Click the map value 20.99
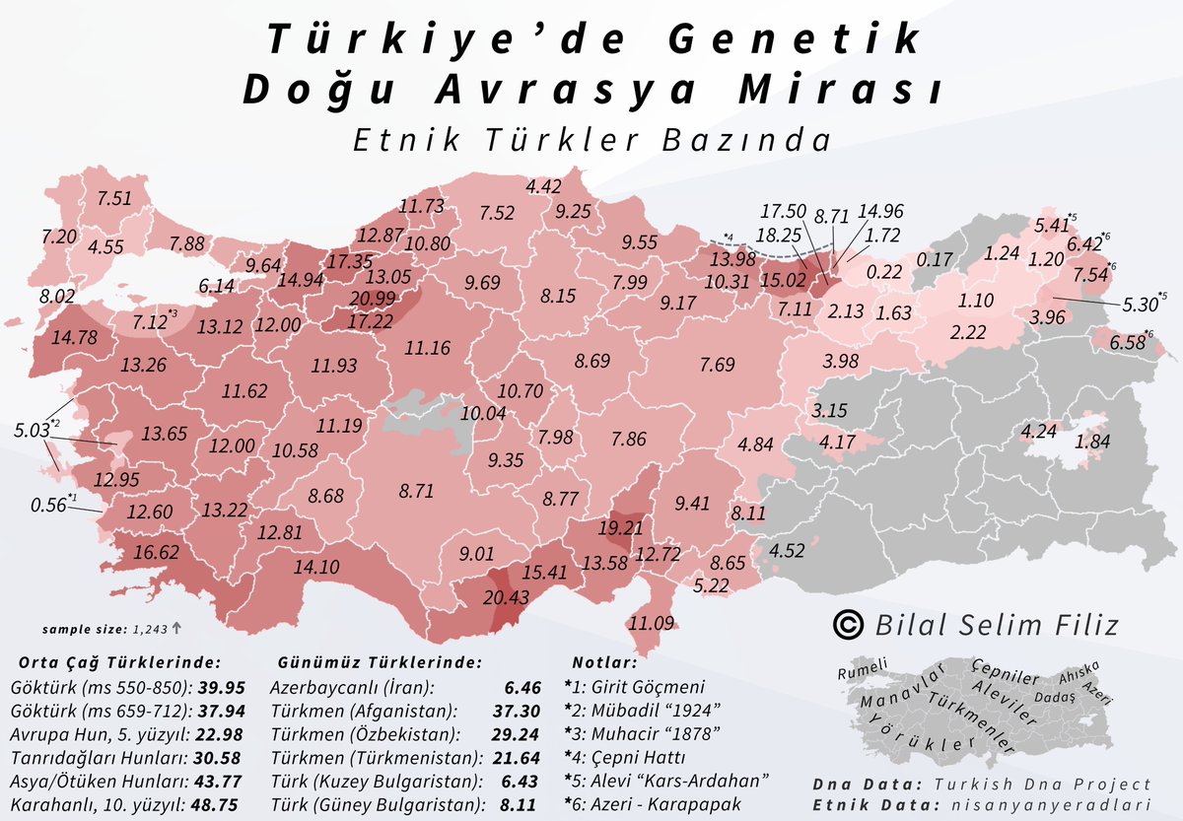tap(371, 300)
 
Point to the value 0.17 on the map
tap(934, 260)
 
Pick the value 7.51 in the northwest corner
tap(113, 198)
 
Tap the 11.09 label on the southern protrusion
tap(652, 622)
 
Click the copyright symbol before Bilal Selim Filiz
tap(845, 624)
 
